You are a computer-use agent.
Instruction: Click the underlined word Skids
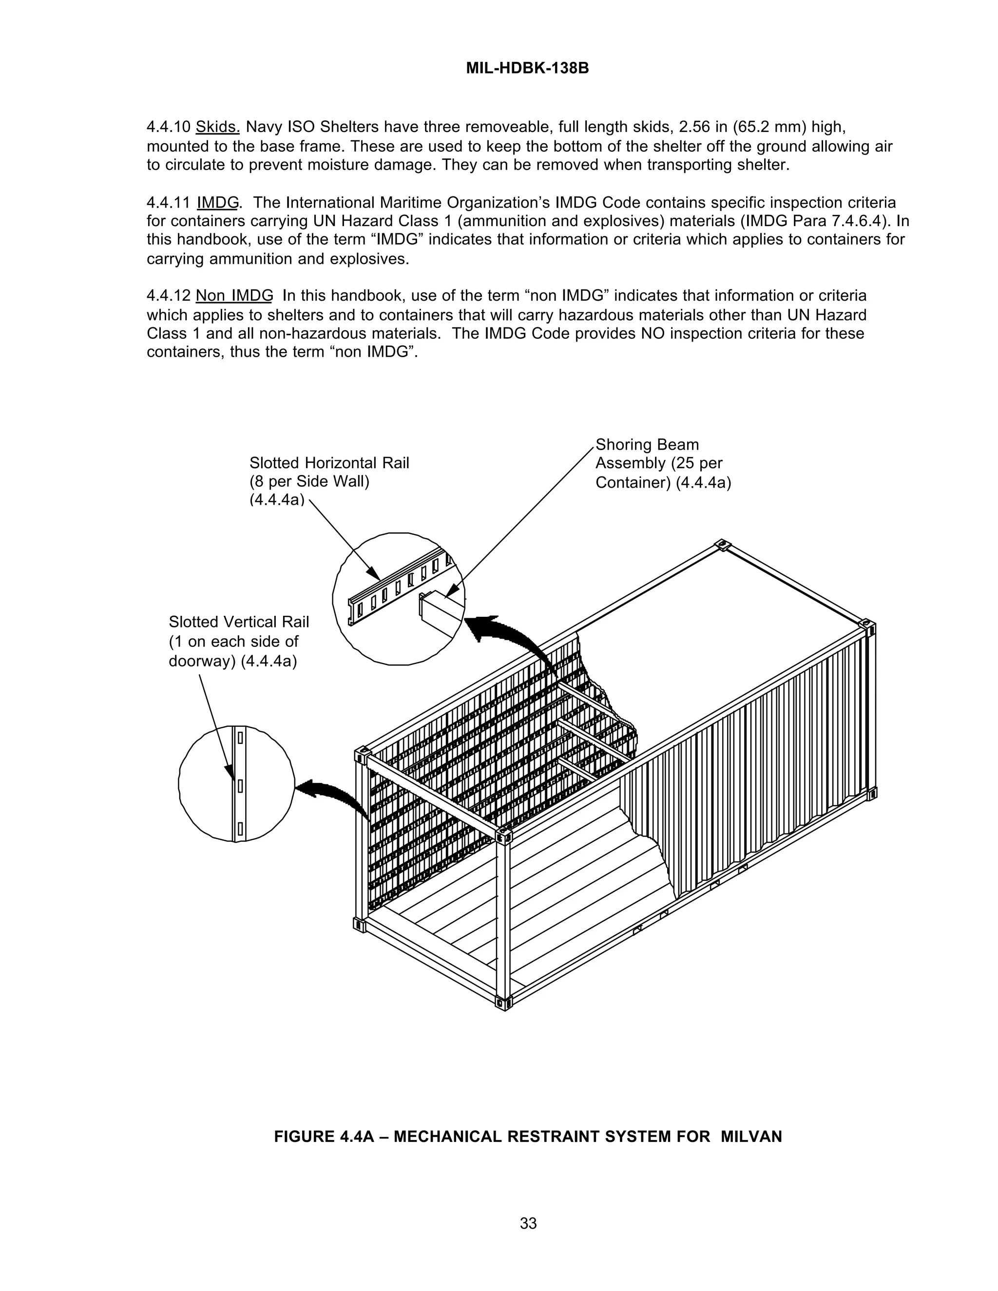pyautogui.click(x=217, y=127)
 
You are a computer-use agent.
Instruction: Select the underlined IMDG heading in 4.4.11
pyautogui.click(x=217, y=203)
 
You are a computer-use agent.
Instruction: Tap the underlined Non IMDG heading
pyautogui.click(x=234, y=296)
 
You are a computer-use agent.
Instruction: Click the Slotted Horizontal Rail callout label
pyautogui.click(x=329, y=463)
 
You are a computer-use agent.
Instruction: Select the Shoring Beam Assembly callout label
pyautogui.click(x=662, y=463)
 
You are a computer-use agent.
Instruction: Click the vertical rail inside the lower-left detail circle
pyautogui.click(x=239, y=784)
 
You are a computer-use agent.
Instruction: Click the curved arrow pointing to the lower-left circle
pyautogui.click(x=334, y=795)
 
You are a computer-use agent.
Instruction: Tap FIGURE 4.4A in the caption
pyautogui.click(x=324, y=1137)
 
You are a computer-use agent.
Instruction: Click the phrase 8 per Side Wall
pyautogui.click(x=309, y=482)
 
